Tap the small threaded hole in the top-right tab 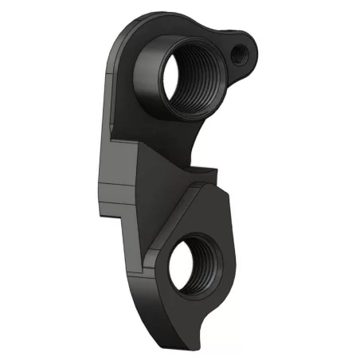click(239, 53)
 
